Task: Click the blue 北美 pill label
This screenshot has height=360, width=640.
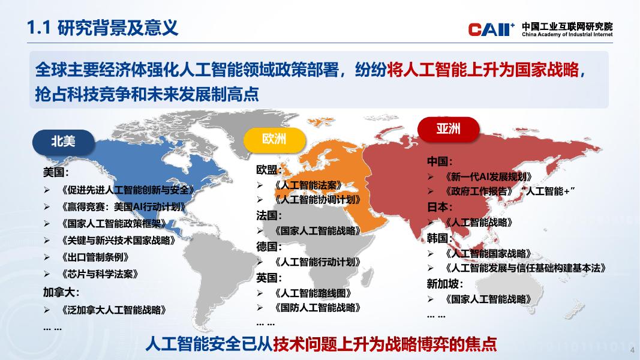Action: click(63, 142)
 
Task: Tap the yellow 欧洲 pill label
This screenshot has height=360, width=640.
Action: click(274, 139)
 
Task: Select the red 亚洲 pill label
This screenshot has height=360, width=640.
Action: click(448, 129)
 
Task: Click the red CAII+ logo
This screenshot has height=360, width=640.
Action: click(491, 29)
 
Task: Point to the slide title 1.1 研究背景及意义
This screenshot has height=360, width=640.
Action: click(103, 28)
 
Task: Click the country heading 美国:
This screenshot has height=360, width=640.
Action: click(56, 172)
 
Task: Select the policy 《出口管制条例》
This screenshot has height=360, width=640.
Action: click(95, 257)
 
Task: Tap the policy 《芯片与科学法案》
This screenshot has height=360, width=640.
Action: click(100, 274)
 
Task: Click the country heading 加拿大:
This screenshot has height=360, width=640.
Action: click(61, 292)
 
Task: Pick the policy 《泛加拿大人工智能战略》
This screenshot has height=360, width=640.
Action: click(114, 310)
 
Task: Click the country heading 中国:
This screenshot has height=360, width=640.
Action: click(440, 161)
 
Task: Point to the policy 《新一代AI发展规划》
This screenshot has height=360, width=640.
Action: click(489, 177)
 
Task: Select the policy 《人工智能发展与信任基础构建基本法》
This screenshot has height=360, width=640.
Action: click(525, 268)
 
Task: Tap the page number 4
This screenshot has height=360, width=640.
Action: click(632, 350)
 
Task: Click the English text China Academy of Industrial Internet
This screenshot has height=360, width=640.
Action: click(567, 35)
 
